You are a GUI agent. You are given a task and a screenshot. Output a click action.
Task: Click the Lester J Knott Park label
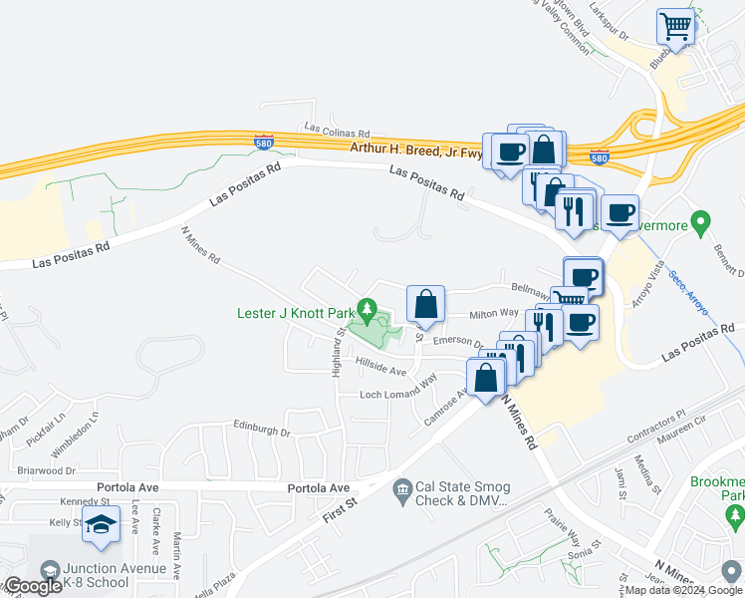pos(296,312)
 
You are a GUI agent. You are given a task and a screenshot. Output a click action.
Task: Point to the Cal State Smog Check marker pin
pos(401,486)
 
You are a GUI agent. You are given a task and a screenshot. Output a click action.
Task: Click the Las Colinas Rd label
pos(337,131)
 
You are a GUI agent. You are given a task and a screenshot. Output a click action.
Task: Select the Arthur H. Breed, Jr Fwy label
pos(416,149)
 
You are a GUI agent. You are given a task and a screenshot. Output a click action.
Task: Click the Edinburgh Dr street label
pos(261,433)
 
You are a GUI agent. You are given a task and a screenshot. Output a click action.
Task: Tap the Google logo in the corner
pos(32,587)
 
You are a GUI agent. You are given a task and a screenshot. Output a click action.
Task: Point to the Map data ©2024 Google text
pos(683,590)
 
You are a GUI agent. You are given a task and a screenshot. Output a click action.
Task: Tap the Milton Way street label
pos(494,314)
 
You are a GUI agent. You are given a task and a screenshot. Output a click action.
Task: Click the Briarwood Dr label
pos(47,470)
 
